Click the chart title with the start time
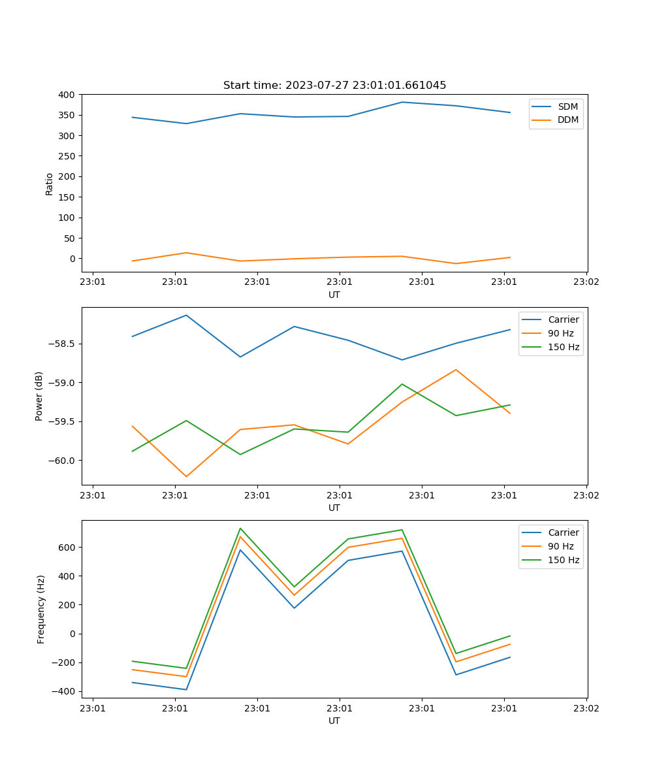pyautogui.click(x=334, y=86)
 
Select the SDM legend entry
pyautogui.click(x=567, y=106)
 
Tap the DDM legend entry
pyautogui.click(x=567, y=120)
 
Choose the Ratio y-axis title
pyautogui.click(x=50, y=184)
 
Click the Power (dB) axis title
pyautogui.click(x=39, y=396)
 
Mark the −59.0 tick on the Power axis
pyautogui.click(x=63, y=383)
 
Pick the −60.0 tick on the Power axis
pyautogui.click(x=63, y=461)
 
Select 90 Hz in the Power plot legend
pyautogui.click(x=560, y=333)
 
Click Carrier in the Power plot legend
pyautogui.click(x=563, y=319)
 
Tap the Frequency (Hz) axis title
pyautogui.click(x=41, y=609)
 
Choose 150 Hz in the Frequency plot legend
pyautogui.click(x=564, y=560)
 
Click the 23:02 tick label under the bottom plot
pyautogui.click(x=586, y=708)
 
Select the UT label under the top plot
pyautogui.click(x=334, y=295)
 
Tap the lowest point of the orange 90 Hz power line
pyautogui.click(x=186, y=476)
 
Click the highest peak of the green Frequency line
pyautogui.click(x=240, y=528)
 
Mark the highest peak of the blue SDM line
pyautogui.click(x=402, y=102)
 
